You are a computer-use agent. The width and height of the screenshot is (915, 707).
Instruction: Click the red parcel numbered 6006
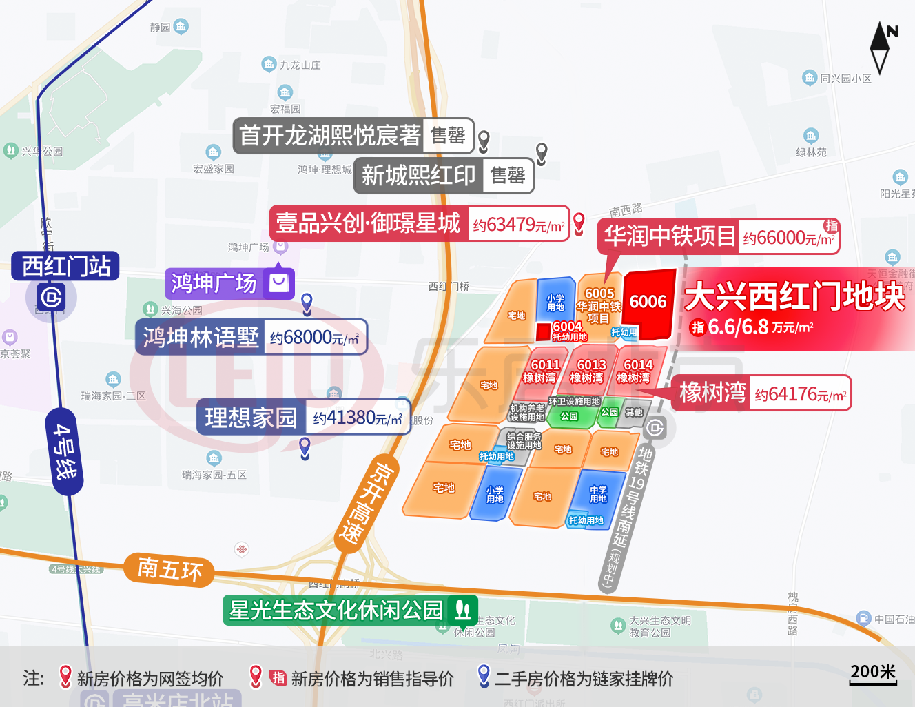coord(648,303)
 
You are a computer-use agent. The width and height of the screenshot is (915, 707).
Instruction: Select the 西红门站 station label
coord(65,266)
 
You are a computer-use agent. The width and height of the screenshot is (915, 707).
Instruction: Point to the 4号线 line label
coord(65,451)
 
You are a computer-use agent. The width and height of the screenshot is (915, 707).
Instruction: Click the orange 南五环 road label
coord(169,569)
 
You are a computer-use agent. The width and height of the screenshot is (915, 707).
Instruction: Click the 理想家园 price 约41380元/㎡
coord(357,418)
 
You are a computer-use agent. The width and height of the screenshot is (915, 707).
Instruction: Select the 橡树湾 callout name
coord(712,393)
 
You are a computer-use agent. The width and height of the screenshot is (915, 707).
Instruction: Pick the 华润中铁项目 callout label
coord(669,236)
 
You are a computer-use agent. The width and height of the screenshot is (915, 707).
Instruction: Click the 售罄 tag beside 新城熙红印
coord(508,176)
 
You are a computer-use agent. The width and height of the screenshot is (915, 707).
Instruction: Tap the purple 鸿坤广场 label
coord(214,283)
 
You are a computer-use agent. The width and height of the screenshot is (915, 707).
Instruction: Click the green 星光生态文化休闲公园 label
coord(336,610)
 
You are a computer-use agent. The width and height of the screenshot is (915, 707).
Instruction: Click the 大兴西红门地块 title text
coord(794,297)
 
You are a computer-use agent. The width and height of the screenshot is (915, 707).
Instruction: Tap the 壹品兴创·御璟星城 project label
coord(368,223)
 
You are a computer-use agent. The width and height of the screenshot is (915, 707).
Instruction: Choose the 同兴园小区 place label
coord(845,79)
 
